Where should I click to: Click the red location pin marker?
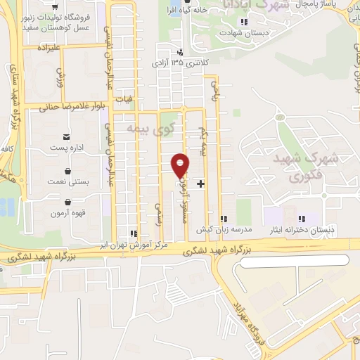click(x=181, y=165)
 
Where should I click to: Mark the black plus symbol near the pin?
click(x=201, y=184)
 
